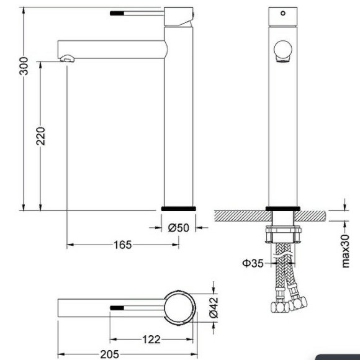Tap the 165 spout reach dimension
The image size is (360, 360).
pos(122,245)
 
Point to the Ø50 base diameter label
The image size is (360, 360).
pos(178,228)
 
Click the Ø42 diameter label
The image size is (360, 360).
pos(213,307)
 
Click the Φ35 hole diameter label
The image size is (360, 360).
pos(253,263)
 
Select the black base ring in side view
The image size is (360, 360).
pos(179,209)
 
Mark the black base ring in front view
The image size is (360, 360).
pos(283,209)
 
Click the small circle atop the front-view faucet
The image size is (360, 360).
pos(283,12)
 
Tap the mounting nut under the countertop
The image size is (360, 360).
pos(283,235)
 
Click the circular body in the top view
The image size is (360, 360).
pos(179,307)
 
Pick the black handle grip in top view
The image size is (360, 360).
pos(119,307)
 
